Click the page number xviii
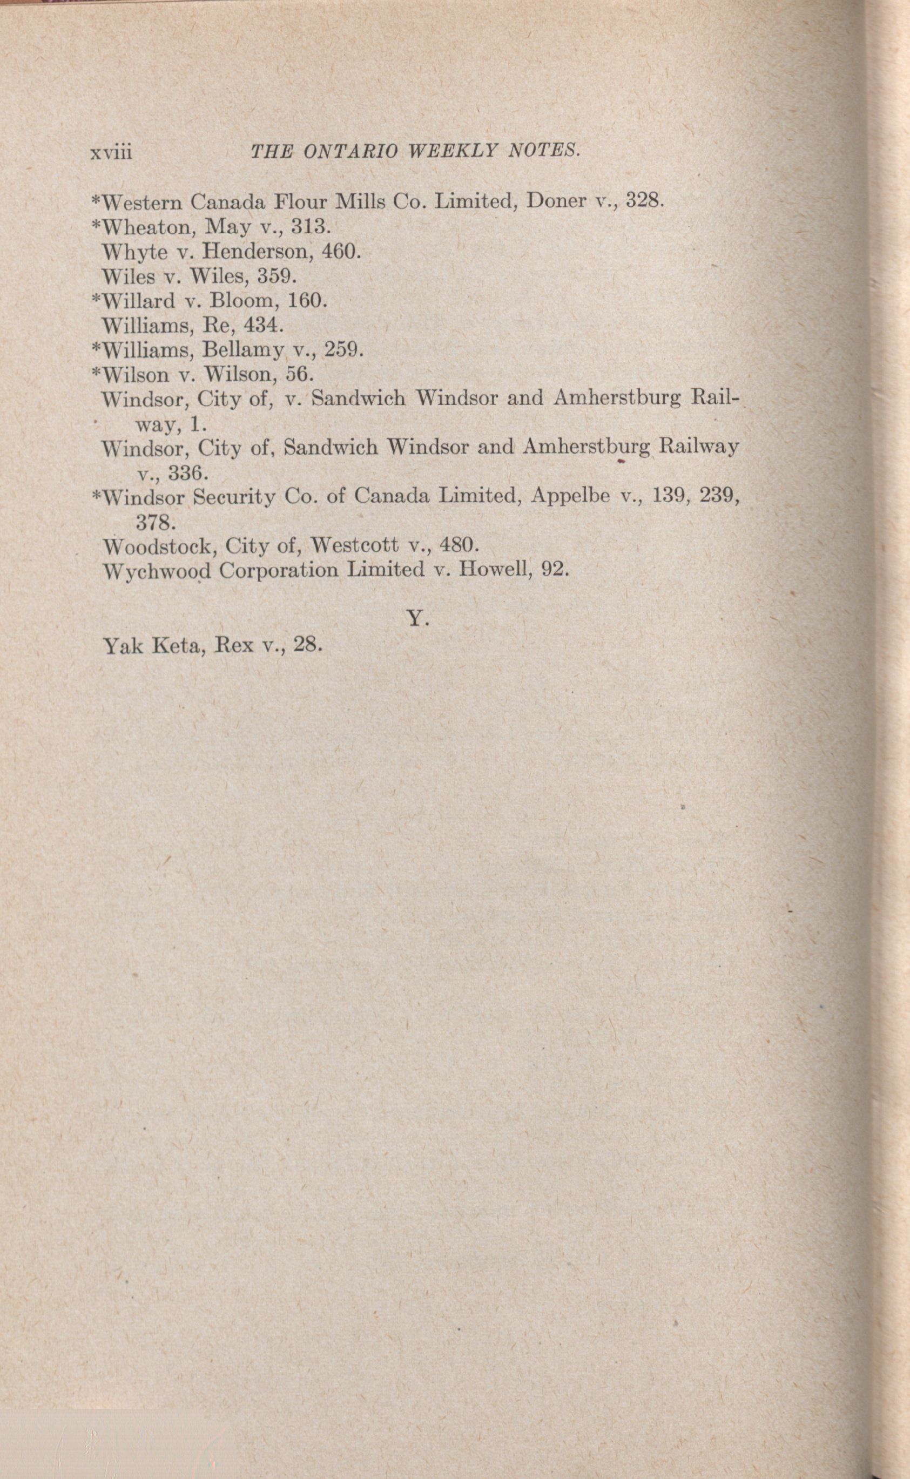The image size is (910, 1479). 111,152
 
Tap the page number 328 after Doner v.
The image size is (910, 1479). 644,200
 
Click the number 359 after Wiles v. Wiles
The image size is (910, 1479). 277,275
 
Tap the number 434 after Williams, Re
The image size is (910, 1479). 262,325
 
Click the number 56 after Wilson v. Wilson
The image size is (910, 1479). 299,374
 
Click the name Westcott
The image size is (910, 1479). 354,546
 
